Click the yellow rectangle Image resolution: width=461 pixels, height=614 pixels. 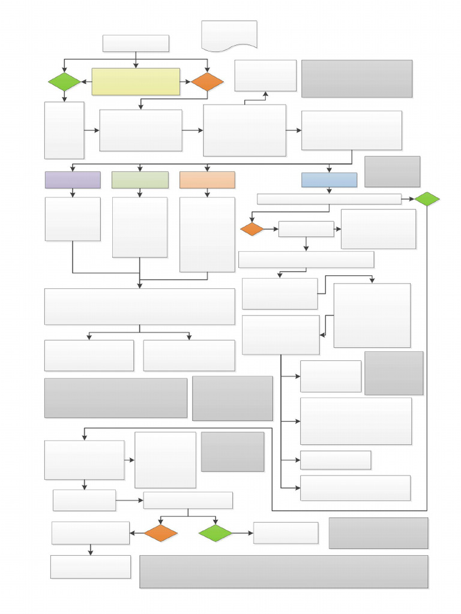(x=136, y=82)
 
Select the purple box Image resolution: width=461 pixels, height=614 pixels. (x=73, y=180)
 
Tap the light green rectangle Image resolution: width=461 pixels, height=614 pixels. (x=140, y=180)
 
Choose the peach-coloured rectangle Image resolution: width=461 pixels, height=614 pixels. (x=207, y=180)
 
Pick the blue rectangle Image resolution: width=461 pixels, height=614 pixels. (x=329, y=180)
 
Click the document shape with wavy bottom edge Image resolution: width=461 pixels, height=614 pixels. (x=229, y=35)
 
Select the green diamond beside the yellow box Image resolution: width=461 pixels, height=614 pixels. (x=64, y=82)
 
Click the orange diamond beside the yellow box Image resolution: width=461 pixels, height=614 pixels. (x=207, y=82)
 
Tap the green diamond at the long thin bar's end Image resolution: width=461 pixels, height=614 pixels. (x=427, y=199)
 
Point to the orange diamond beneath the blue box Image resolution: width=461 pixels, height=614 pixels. (x=252, y=229)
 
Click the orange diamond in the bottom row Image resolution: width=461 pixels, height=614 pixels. (x=161, y=533)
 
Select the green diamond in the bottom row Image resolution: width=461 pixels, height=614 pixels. (x=215, y=533)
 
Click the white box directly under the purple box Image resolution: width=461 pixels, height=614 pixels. (x=73, y=219)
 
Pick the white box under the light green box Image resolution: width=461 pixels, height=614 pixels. (x=140, y=227)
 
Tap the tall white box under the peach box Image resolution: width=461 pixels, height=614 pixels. (x=207, y=234)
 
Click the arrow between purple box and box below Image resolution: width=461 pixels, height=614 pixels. (x=73, y=192)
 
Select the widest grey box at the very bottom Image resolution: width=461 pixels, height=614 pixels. (x=283, y=571)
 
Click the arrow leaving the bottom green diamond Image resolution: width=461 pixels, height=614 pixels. (x=242, y=533)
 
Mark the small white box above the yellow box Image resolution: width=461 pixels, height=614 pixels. (x=136, y=43)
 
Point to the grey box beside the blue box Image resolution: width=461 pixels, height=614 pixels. (x=392, y=171)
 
